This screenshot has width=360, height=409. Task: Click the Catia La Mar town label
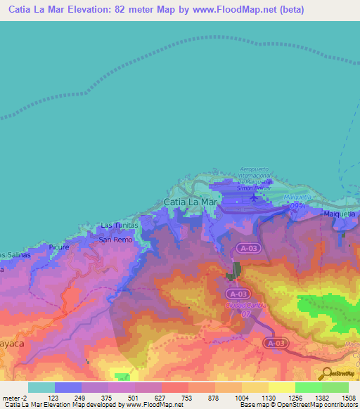[x=191, y=202]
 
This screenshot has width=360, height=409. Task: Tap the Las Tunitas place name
[x=117, y=226]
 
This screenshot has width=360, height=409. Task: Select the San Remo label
[x=115, y=240]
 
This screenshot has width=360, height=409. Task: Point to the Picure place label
[x=59, y=247]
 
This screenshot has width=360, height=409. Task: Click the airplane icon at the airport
[x=253, y=199]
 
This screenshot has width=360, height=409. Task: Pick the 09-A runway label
[x=297, y=205]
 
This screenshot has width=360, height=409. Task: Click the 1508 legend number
[x=349, y=398]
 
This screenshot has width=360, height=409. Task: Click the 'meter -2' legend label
[x=15, y=398]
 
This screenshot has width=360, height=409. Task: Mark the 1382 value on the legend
[x=321, y=398]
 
